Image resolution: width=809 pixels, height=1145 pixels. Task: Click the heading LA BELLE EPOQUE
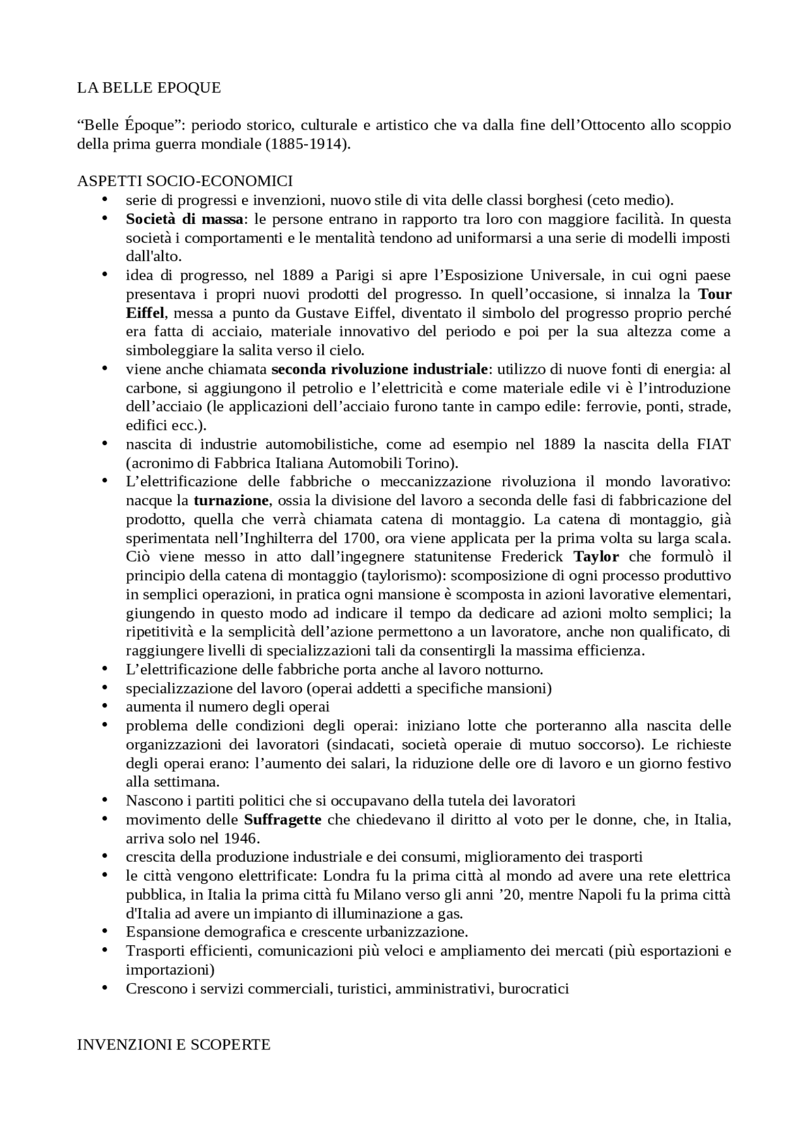[x=149, y=88]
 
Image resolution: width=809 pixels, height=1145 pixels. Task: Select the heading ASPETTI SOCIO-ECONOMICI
[x=185, y=181]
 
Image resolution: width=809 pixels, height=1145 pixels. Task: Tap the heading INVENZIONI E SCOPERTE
[x=173, y=1044]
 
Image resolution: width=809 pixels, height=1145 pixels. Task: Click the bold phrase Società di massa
[x=185, y=219]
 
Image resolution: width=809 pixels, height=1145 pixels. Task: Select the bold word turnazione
[x=231, y=501]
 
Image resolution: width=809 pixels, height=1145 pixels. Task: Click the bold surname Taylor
[x=596, y=557]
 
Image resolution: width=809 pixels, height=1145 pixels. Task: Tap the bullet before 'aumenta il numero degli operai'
[x=105, y=706]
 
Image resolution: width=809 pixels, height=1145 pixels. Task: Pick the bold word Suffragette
[x=283, y=820]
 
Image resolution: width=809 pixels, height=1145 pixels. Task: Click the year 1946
[x=240, y=838]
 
